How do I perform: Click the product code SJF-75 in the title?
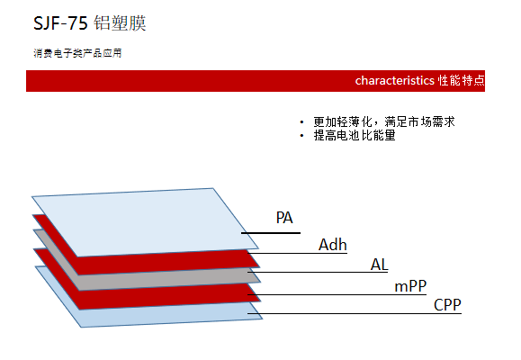(x=60, y=23)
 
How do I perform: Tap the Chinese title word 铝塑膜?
(x=120, y=23)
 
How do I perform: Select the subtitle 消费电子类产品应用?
(x=76, y=53)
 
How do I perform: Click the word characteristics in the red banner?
(x=394, y=81)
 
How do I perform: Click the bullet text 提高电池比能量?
(x=354, y=135)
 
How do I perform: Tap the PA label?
(x=284, y=217)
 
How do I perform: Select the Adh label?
(x=333, y=244)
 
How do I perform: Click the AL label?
(x=380, y=264)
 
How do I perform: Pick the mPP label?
(x=411, y=286)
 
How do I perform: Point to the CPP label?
(x=447, y=304)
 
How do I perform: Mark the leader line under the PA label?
(x=270, y=233)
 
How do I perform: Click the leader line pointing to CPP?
(x=360, y=313)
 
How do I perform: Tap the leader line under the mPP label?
(x=342, y=294)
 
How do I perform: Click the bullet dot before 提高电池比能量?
(x=301, y=135)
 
